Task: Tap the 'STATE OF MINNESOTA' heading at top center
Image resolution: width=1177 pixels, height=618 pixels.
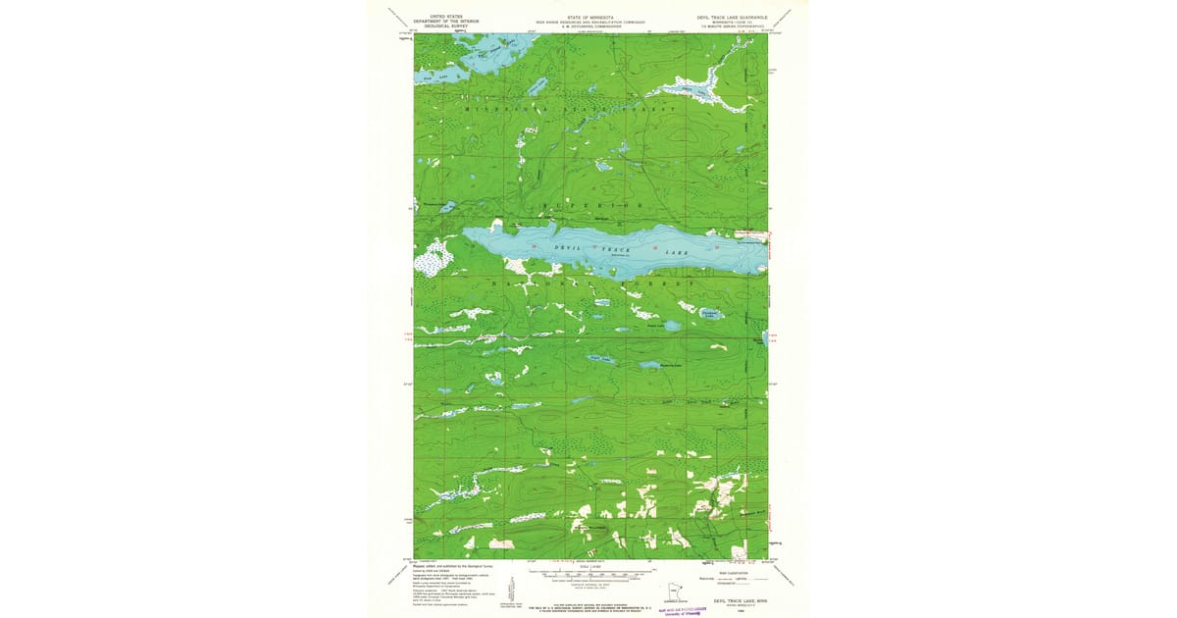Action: pyautogui.click(x=588, y=17)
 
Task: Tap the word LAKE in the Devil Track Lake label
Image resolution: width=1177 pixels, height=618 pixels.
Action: pyautogui.click(x=676, y=254)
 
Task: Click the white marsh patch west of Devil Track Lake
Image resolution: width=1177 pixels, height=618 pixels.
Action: pyautogui.click(x=433, y=258)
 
